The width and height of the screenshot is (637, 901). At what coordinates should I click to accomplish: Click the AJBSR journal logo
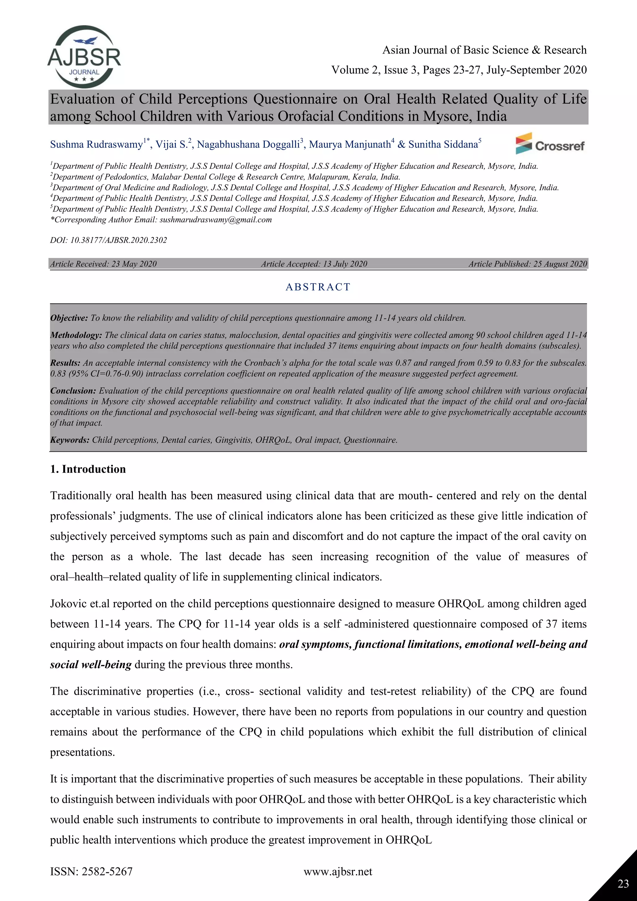(x=84, y=57)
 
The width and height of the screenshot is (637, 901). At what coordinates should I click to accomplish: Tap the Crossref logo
(x=550, y=144)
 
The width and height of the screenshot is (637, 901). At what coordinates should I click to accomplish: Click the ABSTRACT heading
(x=318, y=287)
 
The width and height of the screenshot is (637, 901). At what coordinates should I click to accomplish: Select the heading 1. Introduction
(x=88, y=469)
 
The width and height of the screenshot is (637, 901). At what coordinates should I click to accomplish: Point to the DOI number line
(x=108, y=240)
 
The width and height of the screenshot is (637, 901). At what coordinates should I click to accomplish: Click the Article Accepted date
(x=314, y=264)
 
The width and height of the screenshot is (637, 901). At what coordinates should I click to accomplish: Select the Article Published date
(x=528, y=264)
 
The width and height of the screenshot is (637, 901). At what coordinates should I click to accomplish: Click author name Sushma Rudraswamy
(x=96, y=145)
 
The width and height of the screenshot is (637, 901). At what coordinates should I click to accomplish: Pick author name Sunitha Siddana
(x=443, y=145)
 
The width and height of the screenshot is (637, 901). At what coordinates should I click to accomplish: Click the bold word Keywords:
(x=69, y=440)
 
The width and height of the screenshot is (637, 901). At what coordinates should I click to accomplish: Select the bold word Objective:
(x=69, y=318)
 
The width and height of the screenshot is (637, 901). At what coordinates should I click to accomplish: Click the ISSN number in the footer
(x=91, y=871)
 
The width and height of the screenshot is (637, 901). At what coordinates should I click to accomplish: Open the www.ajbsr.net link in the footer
(x=338, y=871)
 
